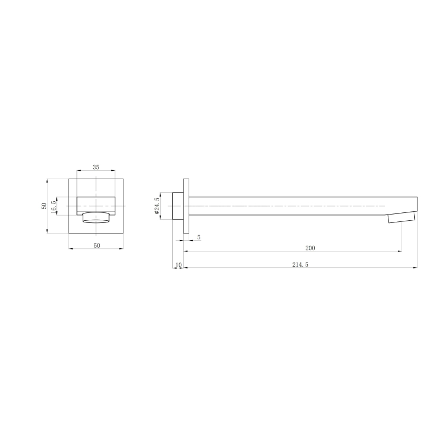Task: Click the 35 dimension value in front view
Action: pos(96,167)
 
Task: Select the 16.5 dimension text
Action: pos(54,205)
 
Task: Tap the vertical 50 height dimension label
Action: pos(44,206)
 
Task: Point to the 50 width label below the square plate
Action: pos(96,246)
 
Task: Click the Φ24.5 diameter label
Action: pos(157,206)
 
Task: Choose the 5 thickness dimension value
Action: pos(199,237)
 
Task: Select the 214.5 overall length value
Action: pos(300,265)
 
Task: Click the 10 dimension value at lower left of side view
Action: pos(178,265)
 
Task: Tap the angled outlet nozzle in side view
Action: pos(402,218)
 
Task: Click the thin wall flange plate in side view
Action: pos(186,206)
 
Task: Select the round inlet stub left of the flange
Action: pos(178,206)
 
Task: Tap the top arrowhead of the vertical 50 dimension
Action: pos(48,180)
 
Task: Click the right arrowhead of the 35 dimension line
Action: pos(114,171)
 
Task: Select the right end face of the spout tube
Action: pos(417,206)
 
